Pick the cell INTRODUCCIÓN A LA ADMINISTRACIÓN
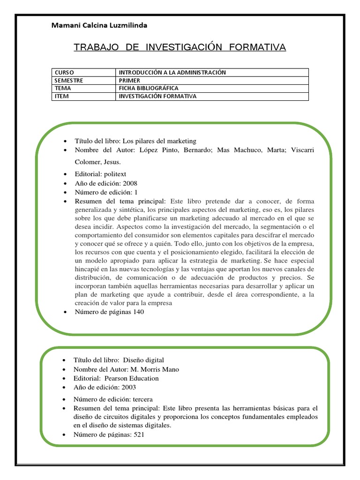[x=172, y=73]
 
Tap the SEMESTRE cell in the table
[x=69, y=80]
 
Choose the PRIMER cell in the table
[x=129, y=80]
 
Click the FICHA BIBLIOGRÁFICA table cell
[x=149, y=88]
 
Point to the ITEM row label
[x=62, y=96]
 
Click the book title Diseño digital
[x=143, y=360]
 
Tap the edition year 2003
[x=129, y=387]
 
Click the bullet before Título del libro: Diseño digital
[x=63, y=360]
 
